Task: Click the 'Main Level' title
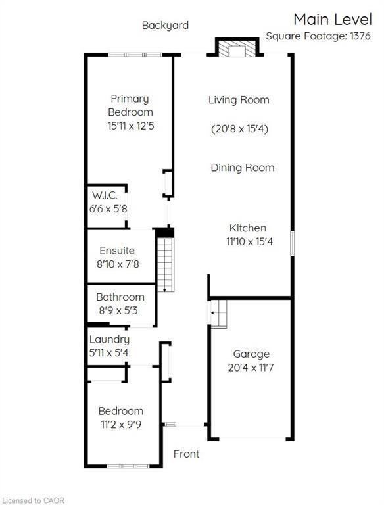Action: point(333,19)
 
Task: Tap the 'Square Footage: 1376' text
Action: point(318,36)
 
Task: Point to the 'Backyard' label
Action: point(165,26)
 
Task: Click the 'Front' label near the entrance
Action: point(186,454)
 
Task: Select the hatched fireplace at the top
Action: point(237,49)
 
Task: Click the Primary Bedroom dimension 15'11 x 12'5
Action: point(131,126)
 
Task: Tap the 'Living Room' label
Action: point(239,100)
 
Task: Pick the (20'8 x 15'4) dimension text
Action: point(240,129)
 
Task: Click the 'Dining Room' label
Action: point(243,168)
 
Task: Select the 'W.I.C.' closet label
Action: point(105,195)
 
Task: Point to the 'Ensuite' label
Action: point(117,251)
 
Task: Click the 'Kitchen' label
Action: point(248,228)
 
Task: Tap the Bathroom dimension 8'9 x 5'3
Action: point(118,310)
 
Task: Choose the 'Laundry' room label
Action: point(109,340)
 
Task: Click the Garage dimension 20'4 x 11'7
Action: point(251,368)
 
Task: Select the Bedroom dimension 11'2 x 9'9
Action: point(121,425)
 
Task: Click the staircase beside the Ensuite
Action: point(166,265)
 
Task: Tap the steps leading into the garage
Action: point(219,314)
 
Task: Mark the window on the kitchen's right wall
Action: point(293,243)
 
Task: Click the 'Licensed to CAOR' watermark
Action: point(34,500)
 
